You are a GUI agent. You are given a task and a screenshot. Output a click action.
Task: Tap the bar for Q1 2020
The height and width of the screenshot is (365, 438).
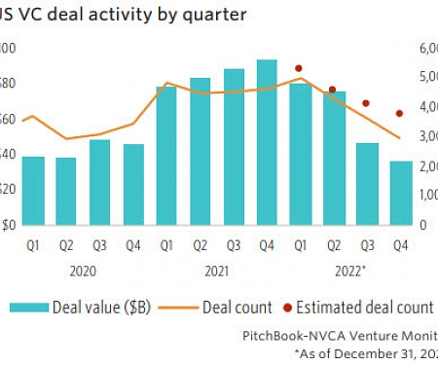pyautogui.click(x=32, y=190)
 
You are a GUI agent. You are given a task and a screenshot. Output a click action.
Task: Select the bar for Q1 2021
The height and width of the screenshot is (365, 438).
pyautogui.click(x=166, y=156)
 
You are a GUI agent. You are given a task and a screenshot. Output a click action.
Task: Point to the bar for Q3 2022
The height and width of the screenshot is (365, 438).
pyautogui.click(x=367, y=184)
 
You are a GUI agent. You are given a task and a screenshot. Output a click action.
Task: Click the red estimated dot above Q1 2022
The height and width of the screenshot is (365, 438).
pyautogui.click(x=299, y=69)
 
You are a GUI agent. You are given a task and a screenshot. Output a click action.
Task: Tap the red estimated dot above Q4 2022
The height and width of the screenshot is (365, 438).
pyautogui.click(x=399, y=113)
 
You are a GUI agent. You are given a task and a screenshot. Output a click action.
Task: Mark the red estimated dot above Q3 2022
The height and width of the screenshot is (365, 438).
pyautogui.click(x=366, y=103)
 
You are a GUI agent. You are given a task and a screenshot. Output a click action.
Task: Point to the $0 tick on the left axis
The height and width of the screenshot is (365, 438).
pyautogui.click(x=7, y=225)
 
